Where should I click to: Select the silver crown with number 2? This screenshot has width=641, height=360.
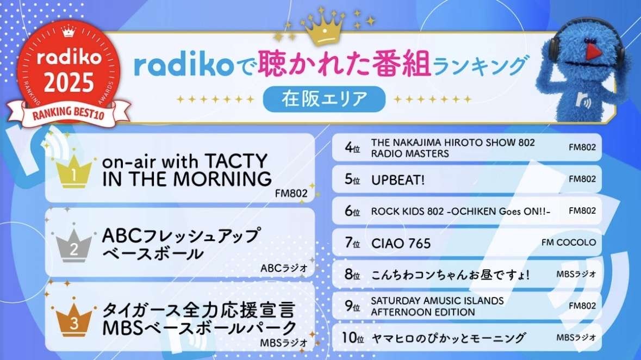coord(73,245)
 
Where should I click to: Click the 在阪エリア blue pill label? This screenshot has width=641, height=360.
coord(324,99)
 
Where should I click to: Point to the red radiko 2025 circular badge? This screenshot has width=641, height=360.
coord(69,70)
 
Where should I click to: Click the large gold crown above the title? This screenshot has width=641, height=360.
coord(325,29)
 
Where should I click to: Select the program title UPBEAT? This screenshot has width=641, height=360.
coord(398,180)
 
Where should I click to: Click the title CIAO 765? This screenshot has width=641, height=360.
coord(401,244)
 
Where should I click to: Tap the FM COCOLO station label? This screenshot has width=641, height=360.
coord(569,243)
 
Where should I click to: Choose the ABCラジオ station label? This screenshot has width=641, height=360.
coord(284,268)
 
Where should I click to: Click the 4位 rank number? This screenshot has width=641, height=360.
coord(352,147)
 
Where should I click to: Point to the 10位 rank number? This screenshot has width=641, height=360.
coord(353,338)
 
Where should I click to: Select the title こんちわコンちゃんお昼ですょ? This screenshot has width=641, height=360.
coord(450,275)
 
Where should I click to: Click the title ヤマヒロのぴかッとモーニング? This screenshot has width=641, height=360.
coord(448,338)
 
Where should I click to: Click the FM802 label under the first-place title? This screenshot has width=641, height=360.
coord(291,194)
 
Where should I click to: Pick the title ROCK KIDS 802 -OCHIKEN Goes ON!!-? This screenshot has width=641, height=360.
coord(460,212)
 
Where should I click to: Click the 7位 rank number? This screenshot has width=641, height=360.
coord(352,243)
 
